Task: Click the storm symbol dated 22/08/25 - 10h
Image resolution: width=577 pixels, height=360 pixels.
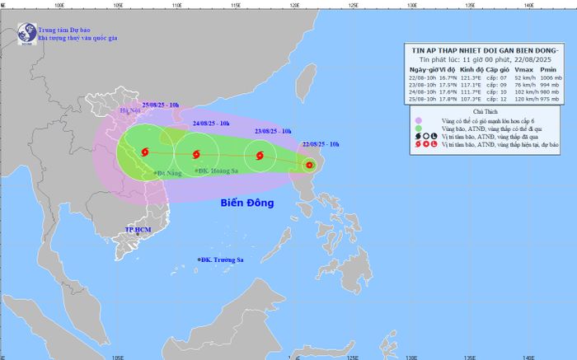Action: [309, 166]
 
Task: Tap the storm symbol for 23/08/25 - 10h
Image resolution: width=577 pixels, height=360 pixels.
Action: [259, 154]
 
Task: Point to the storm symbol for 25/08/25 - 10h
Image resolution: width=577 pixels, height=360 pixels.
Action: [146, 152]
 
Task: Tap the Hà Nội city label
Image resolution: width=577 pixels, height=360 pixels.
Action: [131, 110]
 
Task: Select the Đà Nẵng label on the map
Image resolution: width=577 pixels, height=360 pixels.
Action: [169, 174]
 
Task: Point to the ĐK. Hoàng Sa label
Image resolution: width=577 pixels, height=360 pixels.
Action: [215, 171]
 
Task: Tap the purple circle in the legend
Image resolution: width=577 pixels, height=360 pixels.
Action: [418, 120]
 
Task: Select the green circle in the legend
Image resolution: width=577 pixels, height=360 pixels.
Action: [418, 129]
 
